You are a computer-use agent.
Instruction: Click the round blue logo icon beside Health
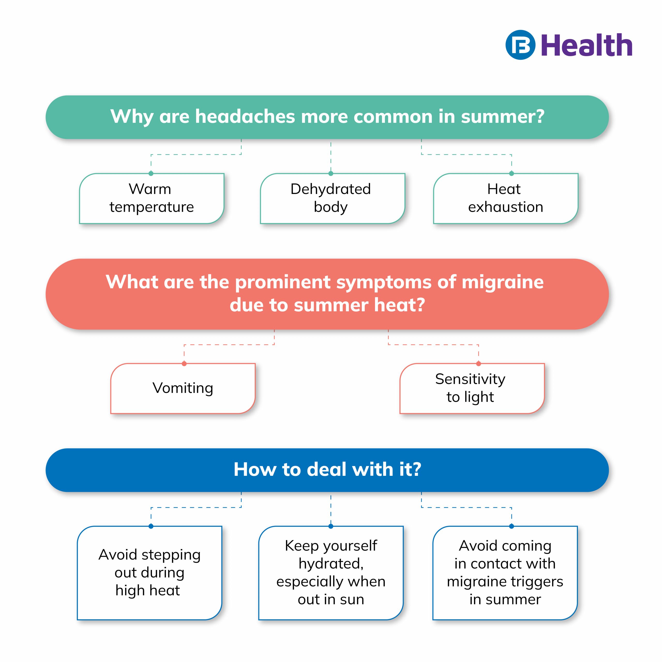[520, 45]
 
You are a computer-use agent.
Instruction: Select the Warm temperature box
[152, 198]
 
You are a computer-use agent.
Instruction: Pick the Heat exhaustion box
[505, 198]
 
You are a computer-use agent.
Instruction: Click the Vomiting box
[183, 388]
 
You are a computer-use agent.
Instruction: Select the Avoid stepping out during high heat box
[149, 573]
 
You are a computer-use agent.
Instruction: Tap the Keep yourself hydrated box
[331, 573]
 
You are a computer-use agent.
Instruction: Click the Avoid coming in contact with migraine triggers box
[505, 573]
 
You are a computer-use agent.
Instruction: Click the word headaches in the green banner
[245, 117]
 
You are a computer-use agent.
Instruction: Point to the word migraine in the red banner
[502, 282]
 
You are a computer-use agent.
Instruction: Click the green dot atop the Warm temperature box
[151, 173]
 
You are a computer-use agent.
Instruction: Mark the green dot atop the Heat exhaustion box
[511, 173]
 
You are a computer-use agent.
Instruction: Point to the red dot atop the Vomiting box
[184, 364]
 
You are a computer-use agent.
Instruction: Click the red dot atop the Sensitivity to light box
[478, 364]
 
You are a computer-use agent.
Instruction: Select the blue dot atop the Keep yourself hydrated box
[331, 526]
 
